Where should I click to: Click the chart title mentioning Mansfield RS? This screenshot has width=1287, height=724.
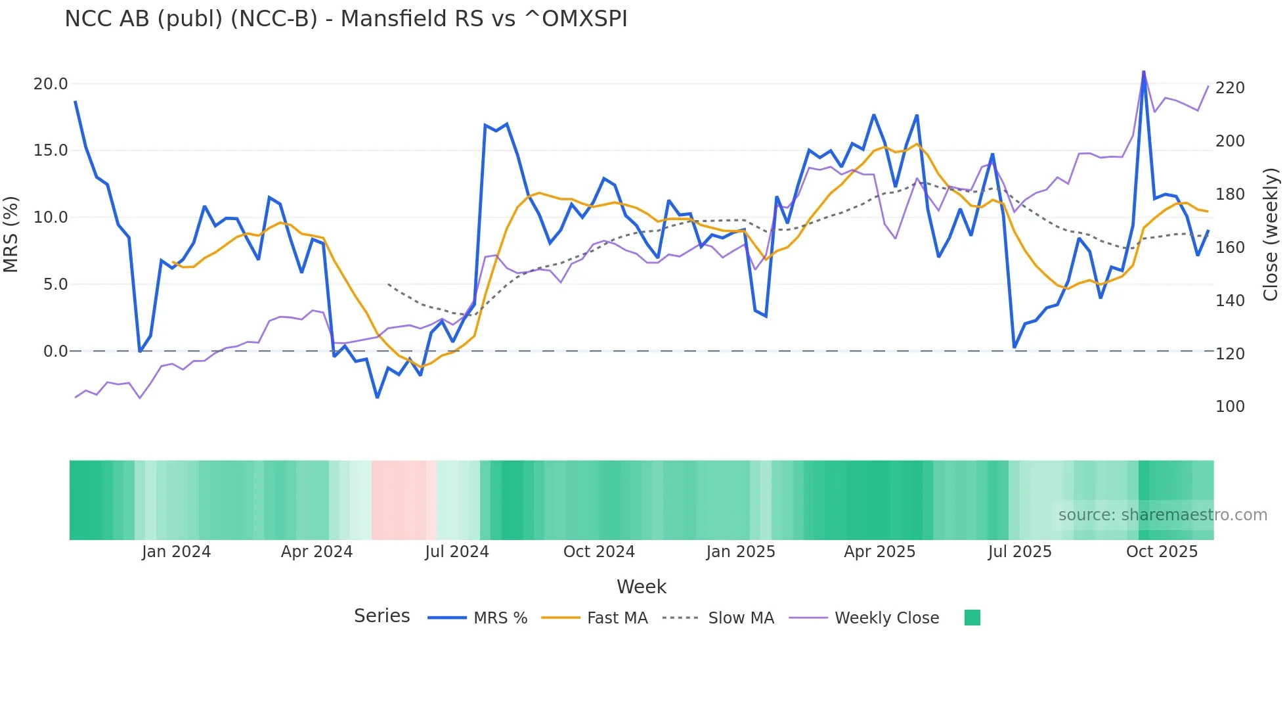click(346, 19)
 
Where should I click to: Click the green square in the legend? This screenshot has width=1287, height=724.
click(972, 618)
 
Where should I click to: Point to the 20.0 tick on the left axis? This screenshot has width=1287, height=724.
click(51, 84)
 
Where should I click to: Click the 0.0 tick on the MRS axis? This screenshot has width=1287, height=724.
click(55, 351)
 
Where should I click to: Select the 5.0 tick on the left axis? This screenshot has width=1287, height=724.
click(55, 284)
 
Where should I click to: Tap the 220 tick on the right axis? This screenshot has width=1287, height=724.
click(1230, 88)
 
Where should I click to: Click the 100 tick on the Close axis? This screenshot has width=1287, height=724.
click(1230, 407)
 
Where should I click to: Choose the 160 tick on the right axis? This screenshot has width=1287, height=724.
click(1230, 248)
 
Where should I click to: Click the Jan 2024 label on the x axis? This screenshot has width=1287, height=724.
click(176, 552)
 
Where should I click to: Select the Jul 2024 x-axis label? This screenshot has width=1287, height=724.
click(457, 552)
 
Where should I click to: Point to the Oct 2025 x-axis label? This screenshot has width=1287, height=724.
click(1162, 552)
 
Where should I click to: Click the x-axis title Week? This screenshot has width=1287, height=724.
click(642, 587)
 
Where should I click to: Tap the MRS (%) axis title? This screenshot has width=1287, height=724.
click(11, 234)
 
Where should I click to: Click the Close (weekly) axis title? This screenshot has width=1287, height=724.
click(1271, 234)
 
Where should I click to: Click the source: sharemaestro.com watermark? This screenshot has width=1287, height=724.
click(1162, 515)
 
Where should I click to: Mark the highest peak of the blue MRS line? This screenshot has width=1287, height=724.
click(1144, 72)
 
